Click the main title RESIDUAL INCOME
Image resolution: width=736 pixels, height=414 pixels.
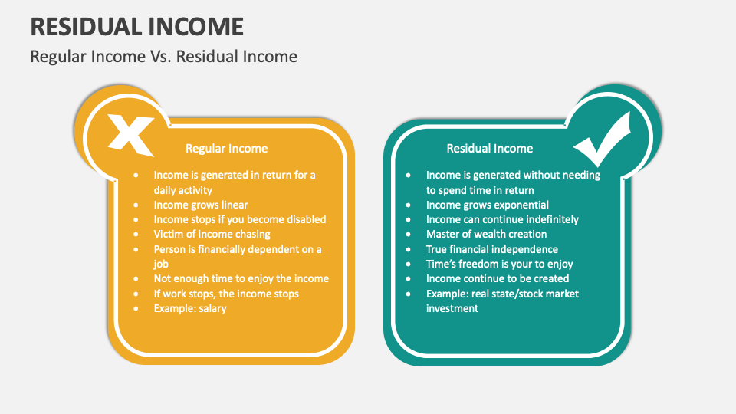137,26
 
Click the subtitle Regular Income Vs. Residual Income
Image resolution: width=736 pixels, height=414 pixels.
163,56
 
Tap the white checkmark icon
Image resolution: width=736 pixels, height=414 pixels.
603,136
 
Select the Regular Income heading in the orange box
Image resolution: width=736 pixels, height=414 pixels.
227,148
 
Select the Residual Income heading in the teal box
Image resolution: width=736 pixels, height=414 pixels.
490,148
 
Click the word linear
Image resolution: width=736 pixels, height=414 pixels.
233,205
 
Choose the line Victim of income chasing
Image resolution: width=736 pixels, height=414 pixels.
212,234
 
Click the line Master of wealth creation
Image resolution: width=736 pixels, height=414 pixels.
486,234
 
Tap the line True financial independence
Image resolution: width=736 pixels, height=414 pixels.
491,249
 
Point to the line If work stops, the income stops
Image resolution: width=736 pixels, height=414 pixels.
226,294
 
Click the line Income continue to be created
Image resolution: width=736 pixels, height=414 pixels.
498,278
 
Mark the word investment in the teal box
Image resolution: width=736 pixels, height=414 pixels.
452,308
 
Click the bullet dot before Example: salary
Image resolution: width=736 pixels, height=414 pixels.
136,308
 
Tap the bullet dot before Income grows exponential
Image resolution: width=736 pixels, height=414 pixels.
409,205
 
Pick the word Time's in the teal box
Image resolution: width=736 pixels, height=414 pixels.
442,264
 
